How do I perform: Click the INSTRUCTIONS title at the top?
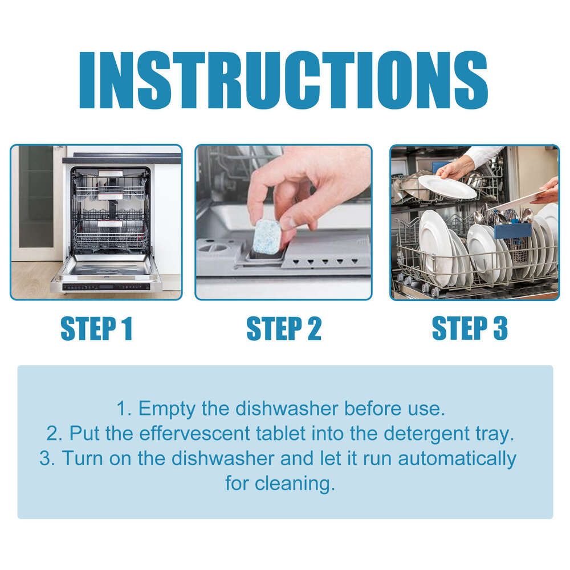coord(283,82)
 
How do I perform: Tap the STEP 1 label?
coord(96,329)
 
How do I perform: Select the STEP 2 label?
coord(283,329)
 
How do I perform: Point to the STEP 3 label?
coord(470,329)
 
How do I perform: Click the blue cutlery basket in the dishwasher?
coord(512,231)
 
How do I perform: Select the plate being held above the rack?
coord(447,187)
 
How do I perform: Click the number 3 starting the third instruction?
coord(46,458)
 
